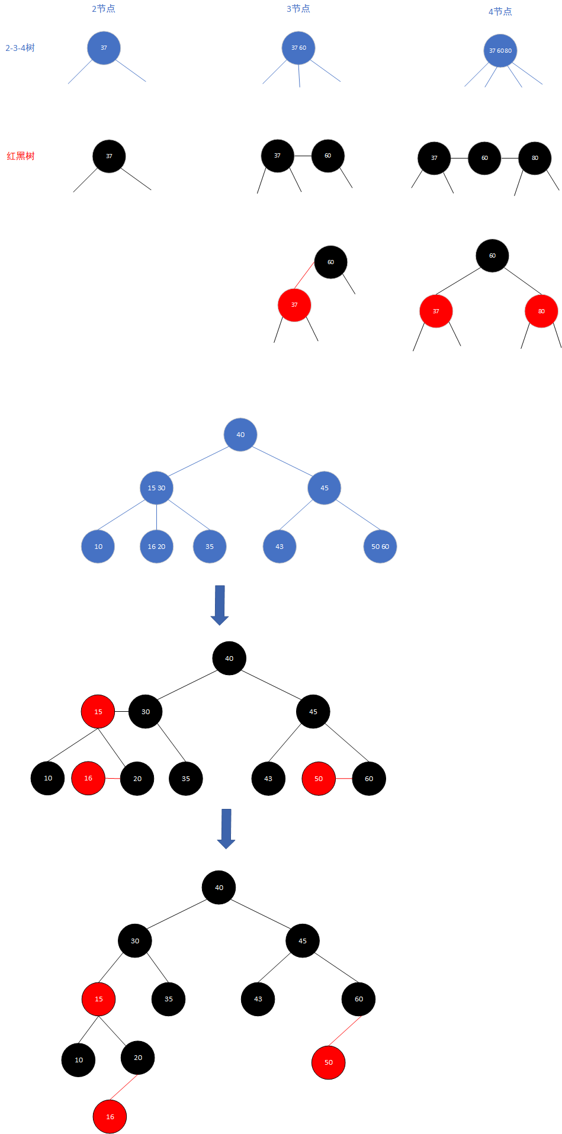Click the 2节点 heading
[x=104, y=9]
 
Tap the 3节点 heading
[x=298, y=9]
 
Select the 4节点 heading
[x=500, y=11]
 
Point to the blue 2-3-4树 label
[x=20, y=48]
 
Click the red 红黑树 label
[x=21, y=156]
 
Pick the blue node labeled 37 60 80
[x=500, y=50]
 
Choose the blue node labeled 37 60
[x=298, y=48]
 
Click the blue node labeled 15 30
[x=156, y=488]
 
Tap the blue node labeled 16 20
[x=156, y=547]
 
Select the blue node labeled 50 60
[x=380, y=547]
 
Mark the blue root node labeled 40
[x=240, y=435]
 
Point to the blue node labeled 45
[x=325, y=488]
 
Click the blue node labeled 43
[x=280, y=547]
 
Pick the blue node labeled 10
[x=98, y=547]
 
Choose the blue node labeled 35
[x=210, y=547]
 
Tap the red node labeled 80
[x=541, y=311]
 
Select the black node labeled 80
[x=535, y=158]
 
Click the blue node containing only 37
[x=104, y=48]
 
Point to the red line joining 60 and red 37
[x=304, y=275]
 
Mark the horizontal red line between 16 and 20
[x=113, y=778]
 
